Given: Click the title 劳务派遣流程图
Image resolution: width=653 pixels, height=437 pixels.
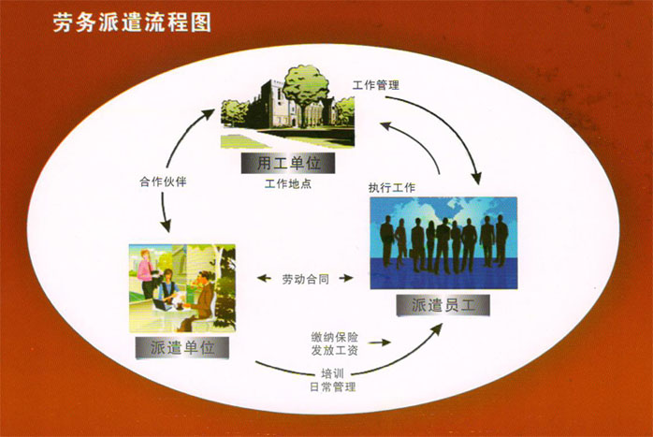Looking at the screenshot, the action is (x=132, y=22).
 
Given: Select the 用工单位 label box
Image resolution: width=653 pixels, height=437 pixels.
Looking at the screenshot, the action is (x=288, y=163).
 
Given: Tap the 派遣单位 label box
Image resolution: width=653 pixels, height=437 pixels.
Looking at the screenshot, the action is (x=182, y=347).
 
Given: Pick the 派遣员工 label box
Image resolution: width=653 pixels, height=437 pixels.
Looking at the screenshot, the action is (x=443, y=305).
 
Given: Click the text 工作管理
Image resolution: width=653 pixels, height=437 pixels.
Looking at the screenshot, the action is (x=376, y=85).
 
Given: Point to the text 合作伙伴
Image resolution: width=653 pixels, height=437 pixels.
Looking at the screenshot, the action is (x=163, y=182).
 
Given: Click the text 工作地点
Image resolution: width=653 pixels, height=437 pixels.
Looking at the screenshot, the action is (x=288, y=183).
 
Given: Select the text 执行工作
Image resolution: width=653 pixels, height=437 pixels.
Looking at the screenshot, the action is (x=392, y=188).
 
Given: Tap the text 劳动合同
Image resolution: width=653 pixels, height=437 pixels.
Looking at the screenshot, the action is (x=306, y=279).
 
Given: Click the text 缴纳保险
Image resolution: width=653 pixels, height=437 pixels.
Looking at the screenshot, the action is (x=335, y=337).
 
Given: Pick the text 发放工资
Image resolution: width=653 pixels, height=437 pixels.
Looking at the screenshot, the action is (x=335, y=350).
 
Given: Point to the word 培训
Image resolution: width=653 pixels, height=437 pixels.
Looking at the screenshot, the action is (x=332, y=372).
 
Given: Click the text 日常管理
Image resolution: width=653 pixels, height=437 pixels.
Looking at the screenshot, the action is (x=333, y=387).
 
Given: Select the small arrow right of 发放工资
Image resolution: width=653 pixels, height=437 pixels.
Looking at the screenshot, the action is (x=380, y=342).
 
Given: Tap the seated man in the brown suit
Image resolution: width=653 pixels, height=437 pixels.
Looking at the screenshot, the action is (x=202, y=300).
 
